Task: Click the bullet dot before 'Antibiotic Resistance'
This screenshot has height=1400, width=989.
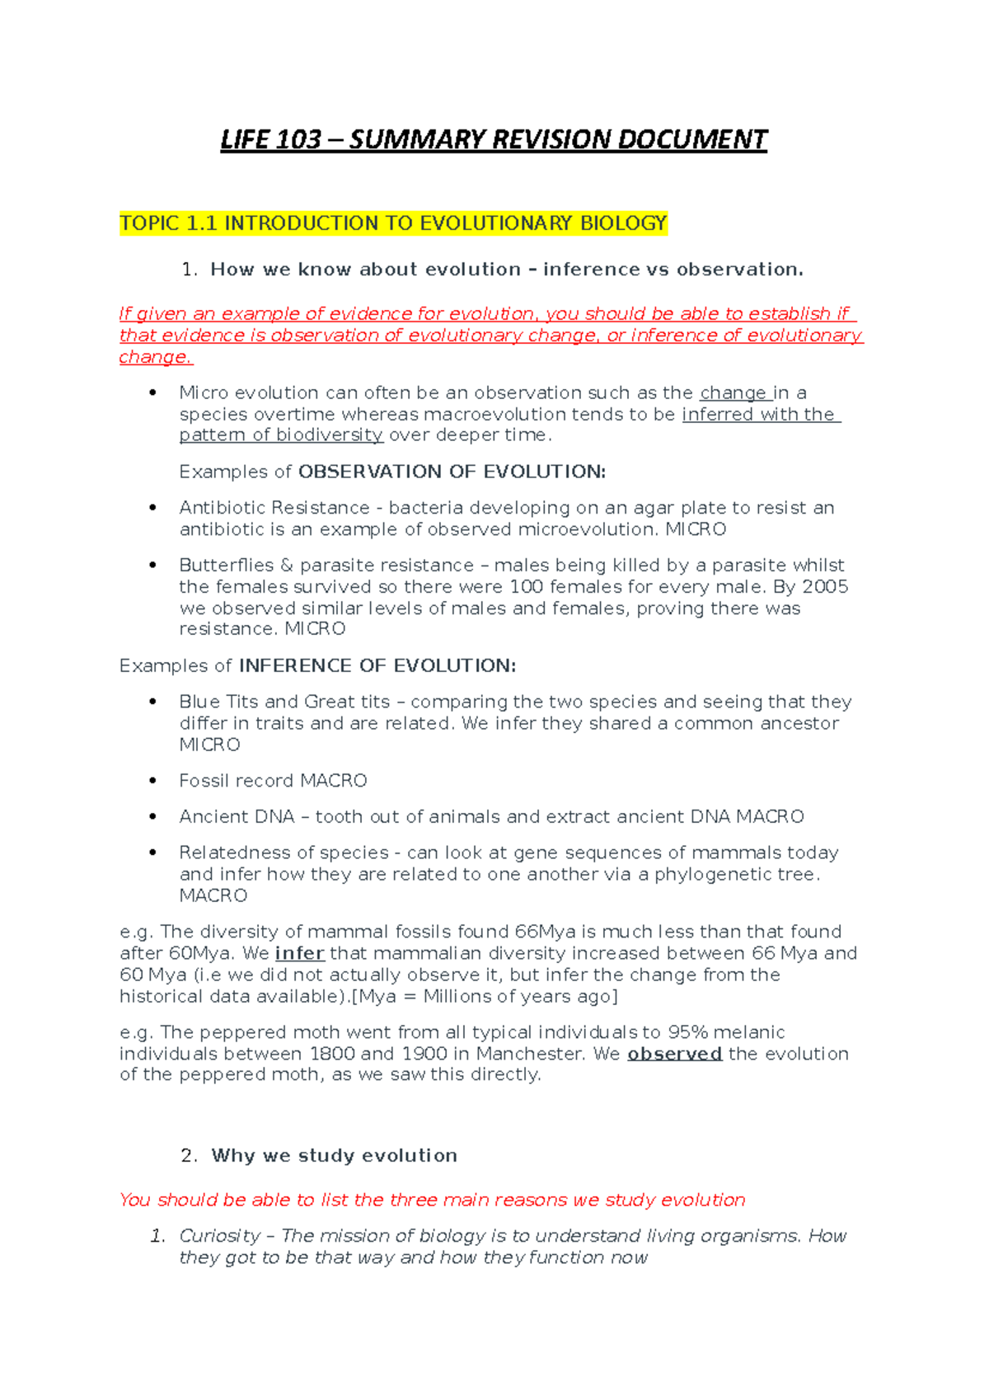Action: pos(152,508)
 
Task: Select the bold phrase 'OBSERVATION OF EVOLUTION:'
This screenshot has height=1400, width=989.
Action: pos(452,472)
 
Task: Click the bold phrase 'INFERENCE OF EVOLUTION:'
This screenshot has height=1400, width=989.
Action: pos(377,666)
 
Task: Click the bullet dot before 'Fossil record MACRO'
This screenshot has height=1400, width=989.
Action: pos(152,780)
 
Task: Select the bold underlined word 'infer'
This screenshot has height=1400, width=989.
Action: pos(299,954)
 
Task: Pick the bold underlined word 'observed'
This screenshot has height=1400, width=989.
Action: pos(674,1055)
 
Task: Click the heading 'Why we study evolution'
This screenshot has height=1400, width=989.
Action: pos(334,1156)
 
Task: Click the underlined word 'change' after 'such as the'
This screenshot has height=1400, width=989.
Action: pos(733,393)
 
